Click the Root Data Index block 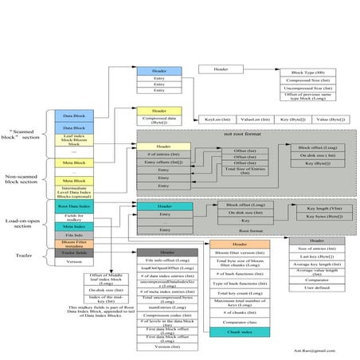[74, 206]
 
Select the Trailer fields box [74, 252]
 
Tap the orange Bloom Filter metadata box [74, 243]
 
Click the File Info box [74, 234]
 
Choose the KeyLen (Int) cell [217, 119]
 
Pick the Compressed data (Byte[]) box [159, 119]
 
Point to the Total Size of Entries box [245, 170]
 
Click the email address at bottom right [327, 350]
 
